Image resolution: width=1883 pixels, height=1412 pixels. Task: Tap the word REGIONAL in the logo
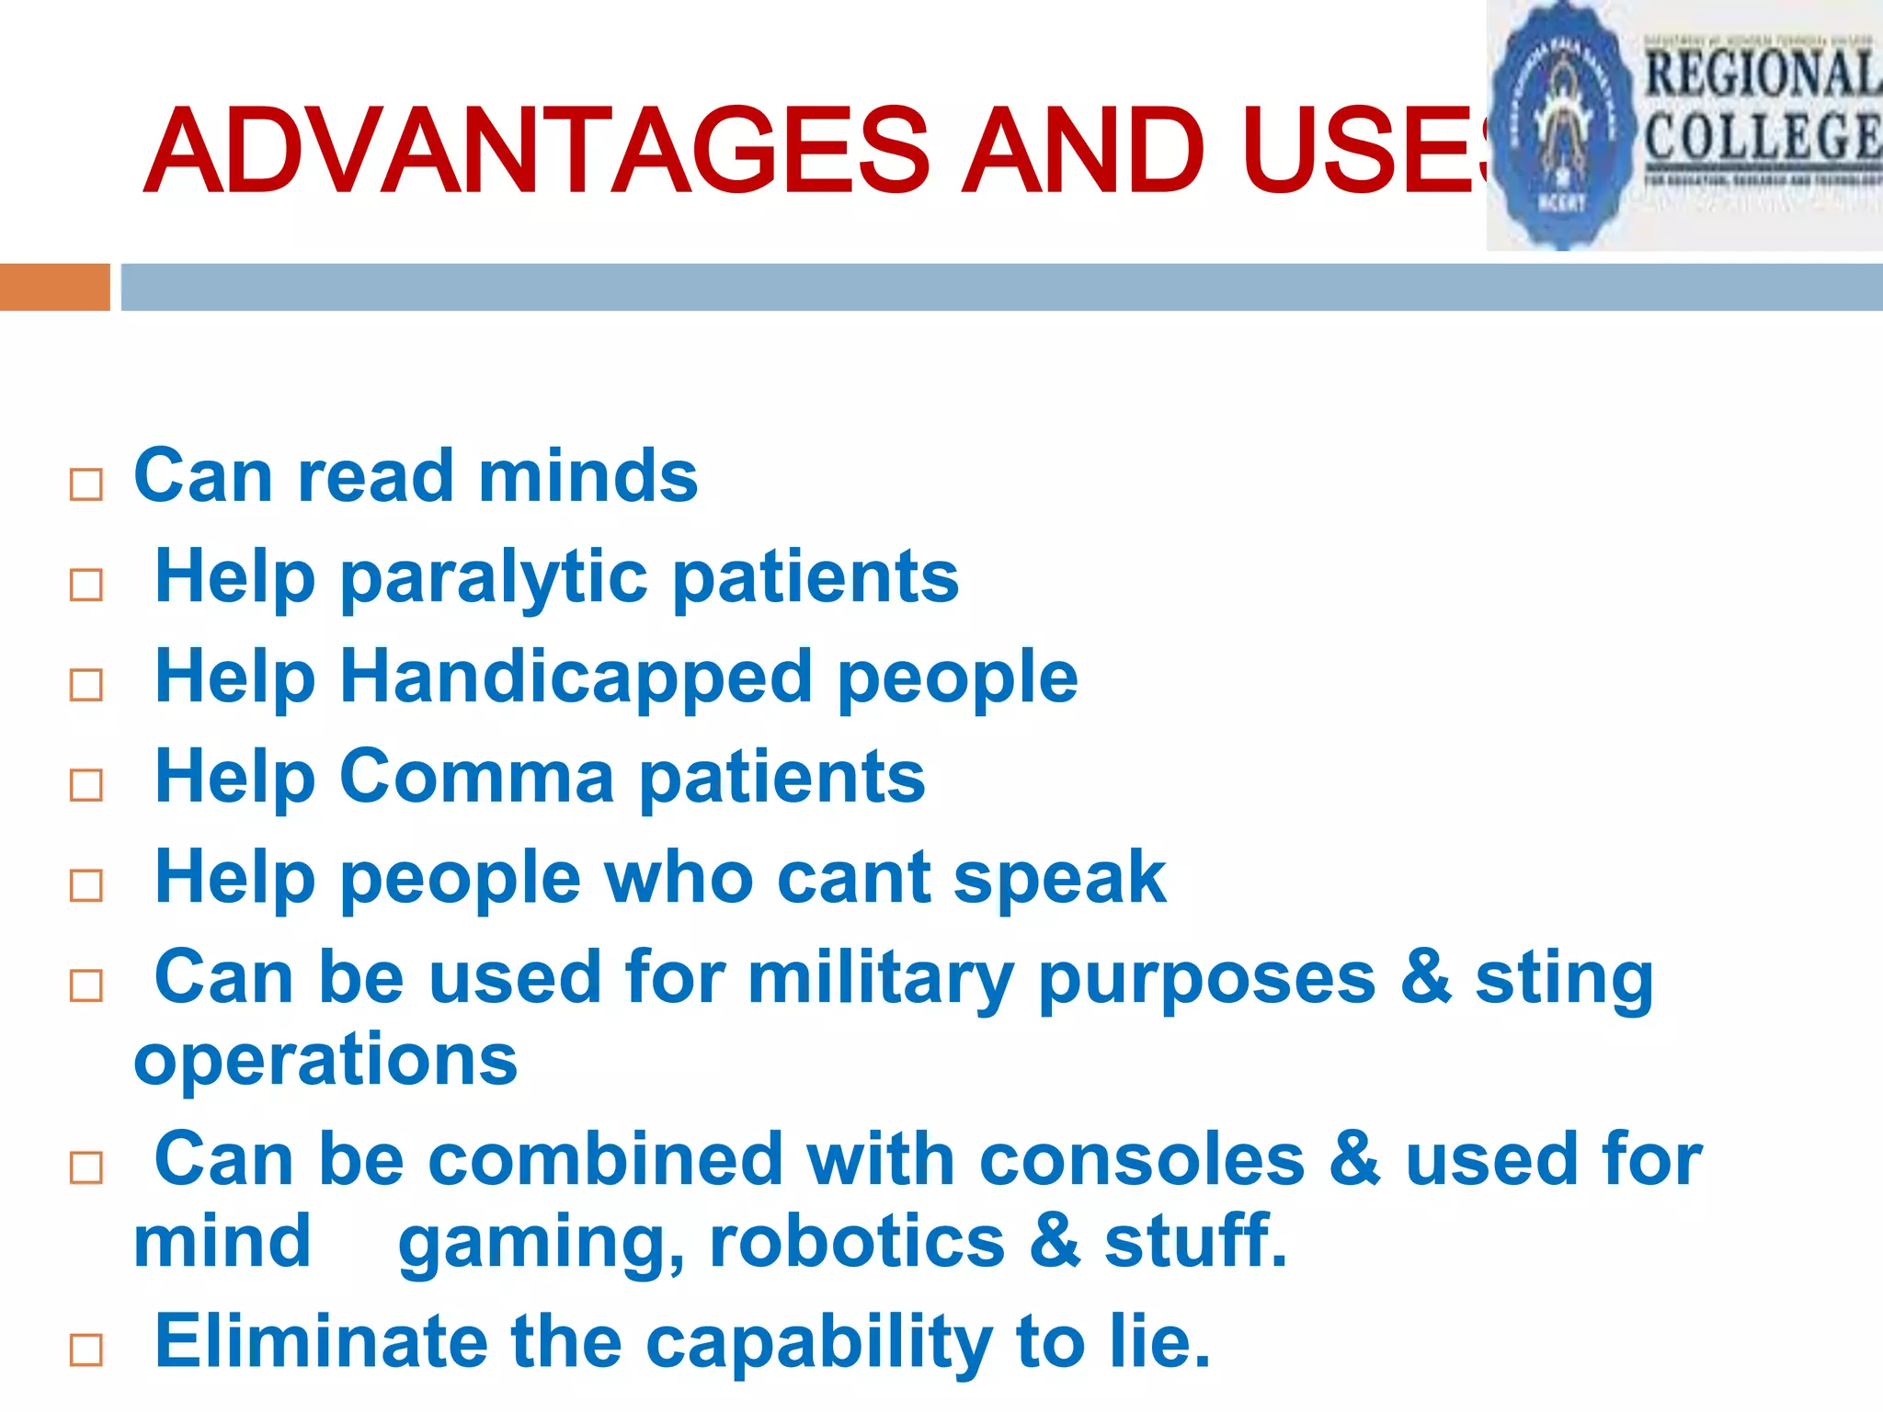coord(1761,74)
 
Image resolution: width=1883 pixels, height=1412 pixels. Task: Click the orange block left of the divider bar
coord(54,287)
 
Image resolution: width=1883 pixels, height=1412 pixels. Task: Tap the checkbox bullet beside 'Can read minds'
coord(86,484)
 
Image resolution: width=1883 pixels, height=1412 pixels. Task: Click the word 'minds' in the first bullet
coord(588,476)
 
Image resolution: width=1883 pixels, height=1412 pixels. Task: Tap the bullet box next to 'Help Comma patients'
coord(86,785)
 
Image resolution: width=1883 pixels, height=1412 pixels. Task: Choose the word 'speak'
coord(1059,878)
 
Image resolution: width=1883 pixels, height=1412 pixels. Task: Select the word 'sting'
coord(1564,978)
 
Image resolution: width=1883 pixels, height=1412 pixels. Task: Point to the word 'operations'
coord(325,1059)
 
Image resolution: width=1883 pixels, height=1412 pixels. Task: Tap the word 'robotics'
coord(857,1242)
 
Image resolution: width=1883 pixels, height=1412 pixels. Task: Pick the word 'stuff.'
coord(1195,1242)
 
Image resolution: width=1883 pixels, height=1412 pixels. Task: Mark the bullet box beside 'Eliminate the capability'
coord(86,1350)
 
